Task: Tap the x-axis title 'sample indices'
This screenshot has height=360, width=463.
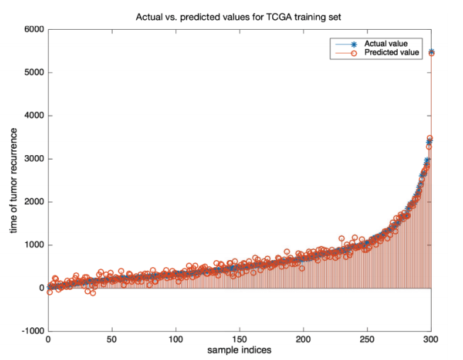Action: click(239, 350)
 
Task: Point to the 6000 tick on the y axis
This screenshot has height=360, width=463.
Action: click(33, 30)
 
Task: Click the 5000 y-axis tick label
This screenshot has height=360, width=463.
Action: click(33, 73)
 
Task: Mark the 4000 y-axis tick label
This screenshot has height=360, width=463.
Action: click(33, 116)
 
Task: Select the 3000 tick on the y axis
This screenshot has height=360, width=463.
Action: click(33, 159)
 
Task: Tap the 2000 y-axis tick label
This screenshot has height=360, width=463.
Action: click(33, 202)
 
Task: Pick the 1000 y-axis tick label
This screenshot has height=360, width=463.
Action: click(33, 245)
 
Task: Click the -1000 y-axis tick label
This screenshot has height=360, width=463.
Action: click(31, 331)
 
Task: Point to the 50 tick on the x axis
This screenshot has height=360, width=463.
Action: click(112, 340)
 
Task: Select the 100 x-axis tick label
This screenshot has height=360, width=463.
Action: click(176, 340)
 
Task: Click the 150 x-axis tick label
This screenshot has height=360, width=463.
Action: click(240, 340)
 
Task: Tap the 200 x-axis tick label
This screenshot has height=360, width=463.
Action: click(303, 340)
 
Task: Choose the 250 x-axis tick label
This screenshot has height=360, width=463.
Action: click(367, 340)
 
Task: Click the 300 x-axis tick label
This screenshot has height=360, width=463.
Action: click(431, 340)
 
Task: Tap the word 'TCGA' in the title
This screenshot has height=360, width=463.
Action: click(282, 15)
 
